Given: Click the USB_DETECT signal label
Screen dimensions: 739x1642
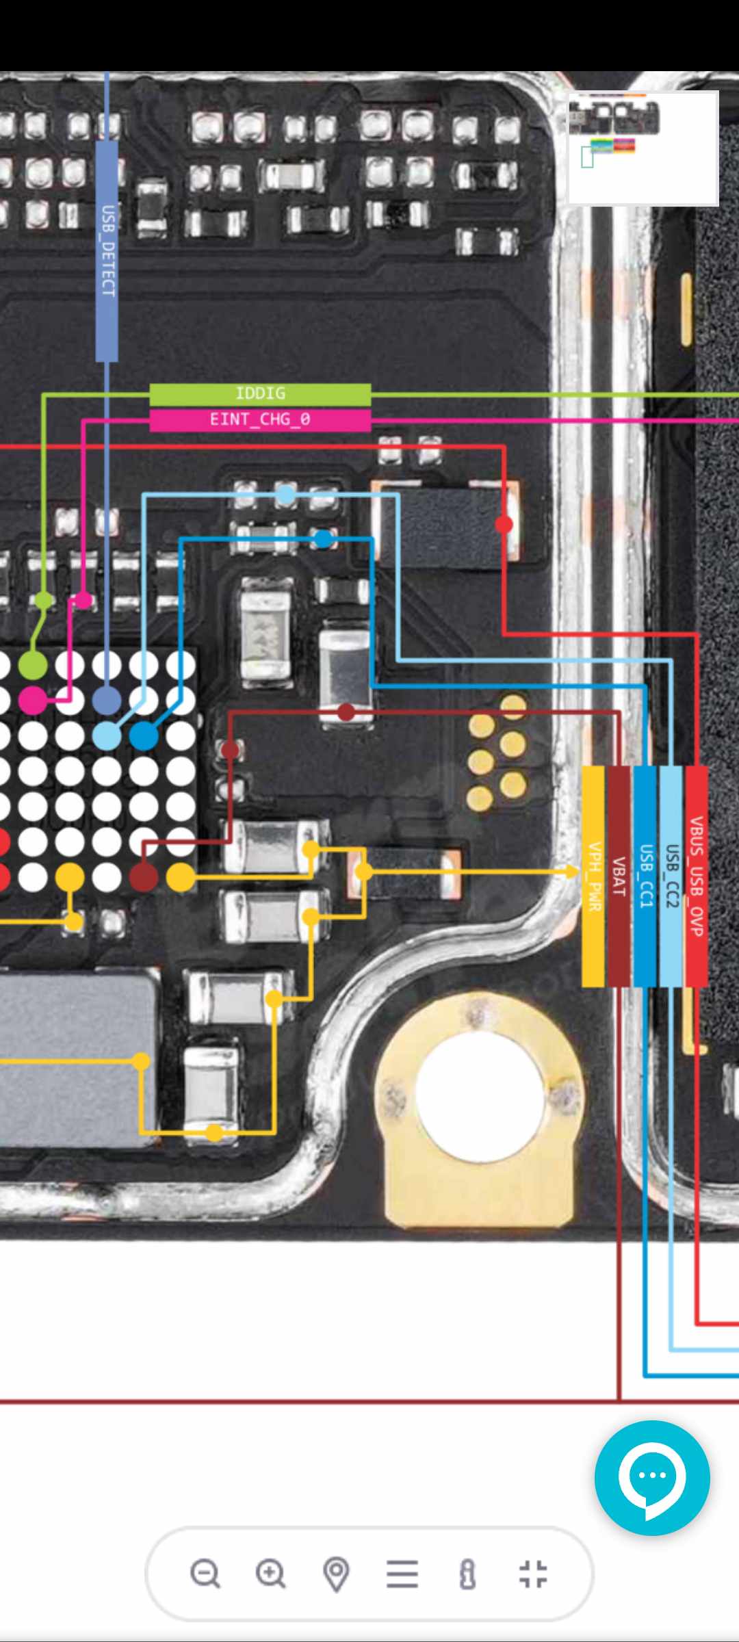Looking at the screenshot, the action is (x=107, y=250).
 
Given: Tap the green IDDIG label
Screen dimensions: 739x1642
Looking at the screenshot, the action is (x=260, y=393).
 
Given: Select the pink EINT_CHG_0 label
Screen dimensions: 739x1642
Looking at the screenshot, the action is (x=260, y=419).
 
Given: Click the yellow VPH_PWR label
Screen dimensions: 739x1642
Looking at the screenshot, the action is (x=593, y=876).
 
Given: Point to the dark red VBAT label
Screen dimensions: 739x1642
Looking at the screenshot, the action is (x=619, y=876).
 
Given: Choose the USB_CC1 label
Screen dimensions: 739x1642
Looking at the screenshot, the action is (x=645, y=876).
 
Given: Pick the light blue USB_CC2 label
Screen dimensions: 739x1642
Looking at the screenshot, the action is (x=671, y=876).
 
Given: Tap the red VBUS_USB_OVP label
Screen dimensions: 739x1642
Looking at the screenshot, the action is (x=697, y=876).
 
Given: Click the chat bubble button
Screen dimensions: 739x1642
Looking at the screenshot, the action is (x=652, y=1478).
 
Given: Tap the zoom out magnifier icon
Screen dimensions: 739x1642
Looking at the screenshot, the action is (x=205, y=1573).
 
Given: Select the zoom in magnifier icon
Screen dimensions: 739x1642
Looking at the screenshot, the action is (x=271, y=1573).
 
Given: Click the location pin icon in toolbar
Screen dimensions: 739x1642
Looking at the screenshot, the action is (x=336, y=1574).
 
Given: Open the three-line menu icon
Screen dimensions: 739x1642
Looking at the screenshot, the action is (x=402, y=1574).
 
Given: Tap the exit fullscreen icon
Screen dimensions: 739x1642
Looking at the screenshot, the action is (x=533, y=1574).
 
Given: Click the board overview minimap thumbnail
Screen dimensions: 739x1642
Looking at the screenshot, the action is (x=643, y=148).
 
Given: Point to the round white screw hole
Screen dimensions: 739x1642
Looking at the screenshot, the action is (x=479, y=1089).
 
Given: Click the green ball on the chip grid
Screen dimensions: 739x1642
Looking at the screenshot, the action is (x=32, y=665).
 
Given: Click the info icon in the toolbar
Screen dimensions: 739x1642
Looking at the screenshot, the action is (x=468, y=1574).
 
